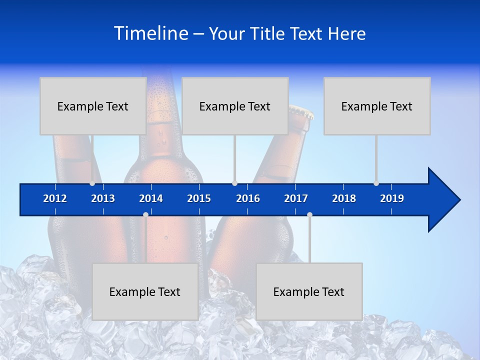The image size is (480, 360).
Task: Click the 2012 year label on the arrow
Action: point(55,198)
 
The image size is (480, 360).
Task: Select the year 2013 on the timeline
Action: point(103,198)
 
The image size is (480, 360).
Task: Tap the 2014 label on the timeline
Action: point(151,198)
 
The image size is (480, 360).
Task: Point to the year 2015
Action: point(199,198)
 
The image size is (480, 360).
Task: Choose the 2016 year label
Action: point(248,198)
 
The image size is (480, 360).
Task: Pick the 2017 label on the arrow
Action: point(296,198)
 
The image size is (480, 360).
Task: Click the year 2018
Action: point(344,198)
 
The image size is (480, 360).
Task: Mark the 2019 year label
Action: point(392,198)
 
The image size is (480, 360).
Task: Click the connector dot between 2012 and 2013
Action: point(92,183)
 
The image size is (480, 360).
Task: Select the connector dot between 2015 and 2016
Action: point(234,183)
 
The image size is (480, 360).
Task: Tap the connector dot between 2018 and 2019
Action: point(376,183)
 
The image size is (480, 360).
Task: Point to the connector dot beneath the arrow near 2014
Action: point(145,215)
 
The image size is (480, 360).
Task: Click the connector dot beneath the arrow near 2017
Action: point(309,215)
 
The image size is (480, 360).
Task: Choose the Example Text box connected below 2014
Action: point(145,291)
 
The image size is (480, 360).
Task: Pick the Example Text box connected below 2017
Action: point(309,291)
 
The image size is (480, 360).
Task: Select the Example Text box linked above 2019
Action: point(377,106)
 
